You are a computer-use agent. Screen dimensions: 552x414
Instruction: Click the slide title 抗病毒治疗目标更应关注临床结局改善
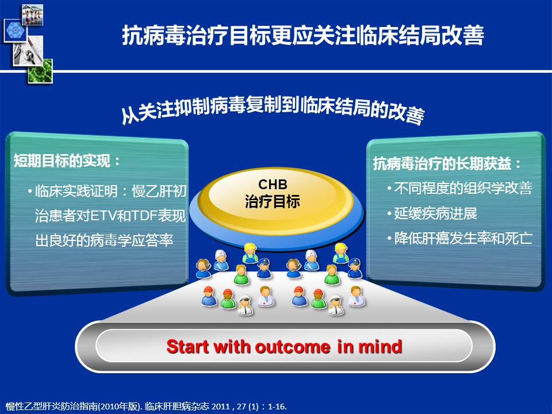(x=303, y=35)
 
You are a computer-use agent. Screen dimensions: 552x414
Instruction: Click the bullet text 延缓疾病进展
(x=435, y=213)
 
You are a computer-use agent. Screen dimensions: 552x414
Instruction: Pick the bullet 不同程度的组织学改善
(x=463, y=188)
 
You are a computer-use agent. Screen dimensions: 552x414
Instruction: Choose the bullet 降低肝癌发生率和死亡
(x=463, y=238)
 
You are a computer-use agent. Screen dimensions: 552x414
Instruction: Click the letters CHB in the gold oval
(x=273, y=184)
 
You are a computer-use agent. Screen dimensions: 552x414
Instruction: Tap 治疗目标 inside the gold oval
(x=273, y=202)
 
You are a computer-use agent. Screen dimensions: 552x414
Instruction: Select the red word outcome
(x=292, y=347)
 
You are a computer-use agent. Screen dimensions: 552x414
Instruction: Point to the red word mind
(x=380, y=346)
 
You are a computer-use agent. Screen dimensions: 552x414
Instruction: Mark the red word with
(x=231, y=346)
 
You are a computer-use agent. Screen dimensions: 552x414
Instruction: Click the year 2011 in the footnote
(x=221, y=407)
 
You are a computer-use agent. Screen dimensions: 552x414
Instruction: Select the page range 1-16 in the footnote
(x=276, y=407)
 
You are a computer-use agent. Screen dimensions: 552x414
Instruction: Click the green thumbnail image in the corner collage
(x=40, y=71)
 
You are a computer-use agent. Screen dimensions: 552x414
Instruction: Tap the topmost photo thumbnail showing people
(x=32, y=15)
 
